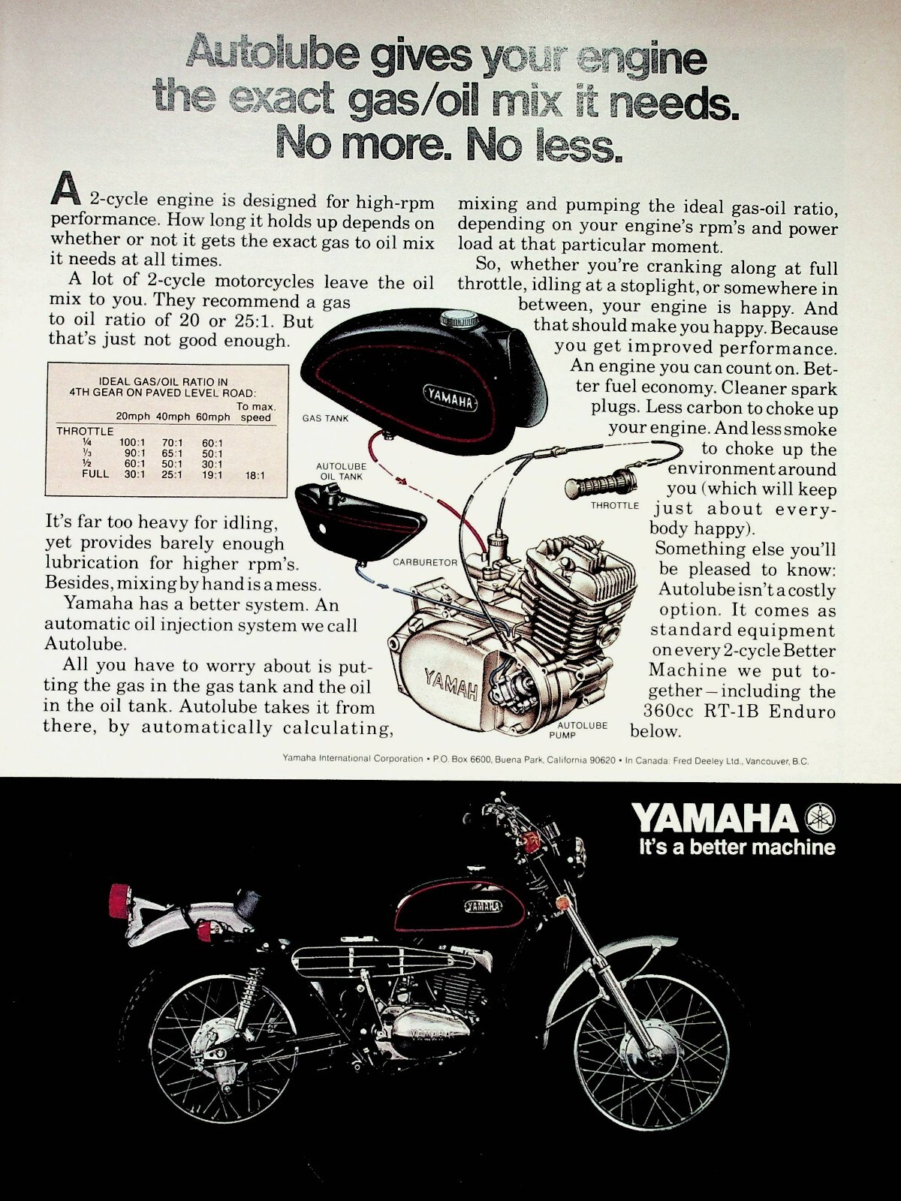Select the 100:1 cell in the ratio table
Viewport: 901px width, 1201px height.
[131, 443]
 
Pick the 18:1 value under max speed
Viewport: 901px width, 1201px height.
[255, 475]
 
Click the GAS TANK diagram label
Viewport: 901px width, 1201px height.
[325, 418]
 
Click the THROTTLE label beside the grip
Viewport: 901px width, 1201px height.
[614, 506]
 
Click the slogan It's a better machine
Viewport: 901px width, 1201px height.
[737, 847]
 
